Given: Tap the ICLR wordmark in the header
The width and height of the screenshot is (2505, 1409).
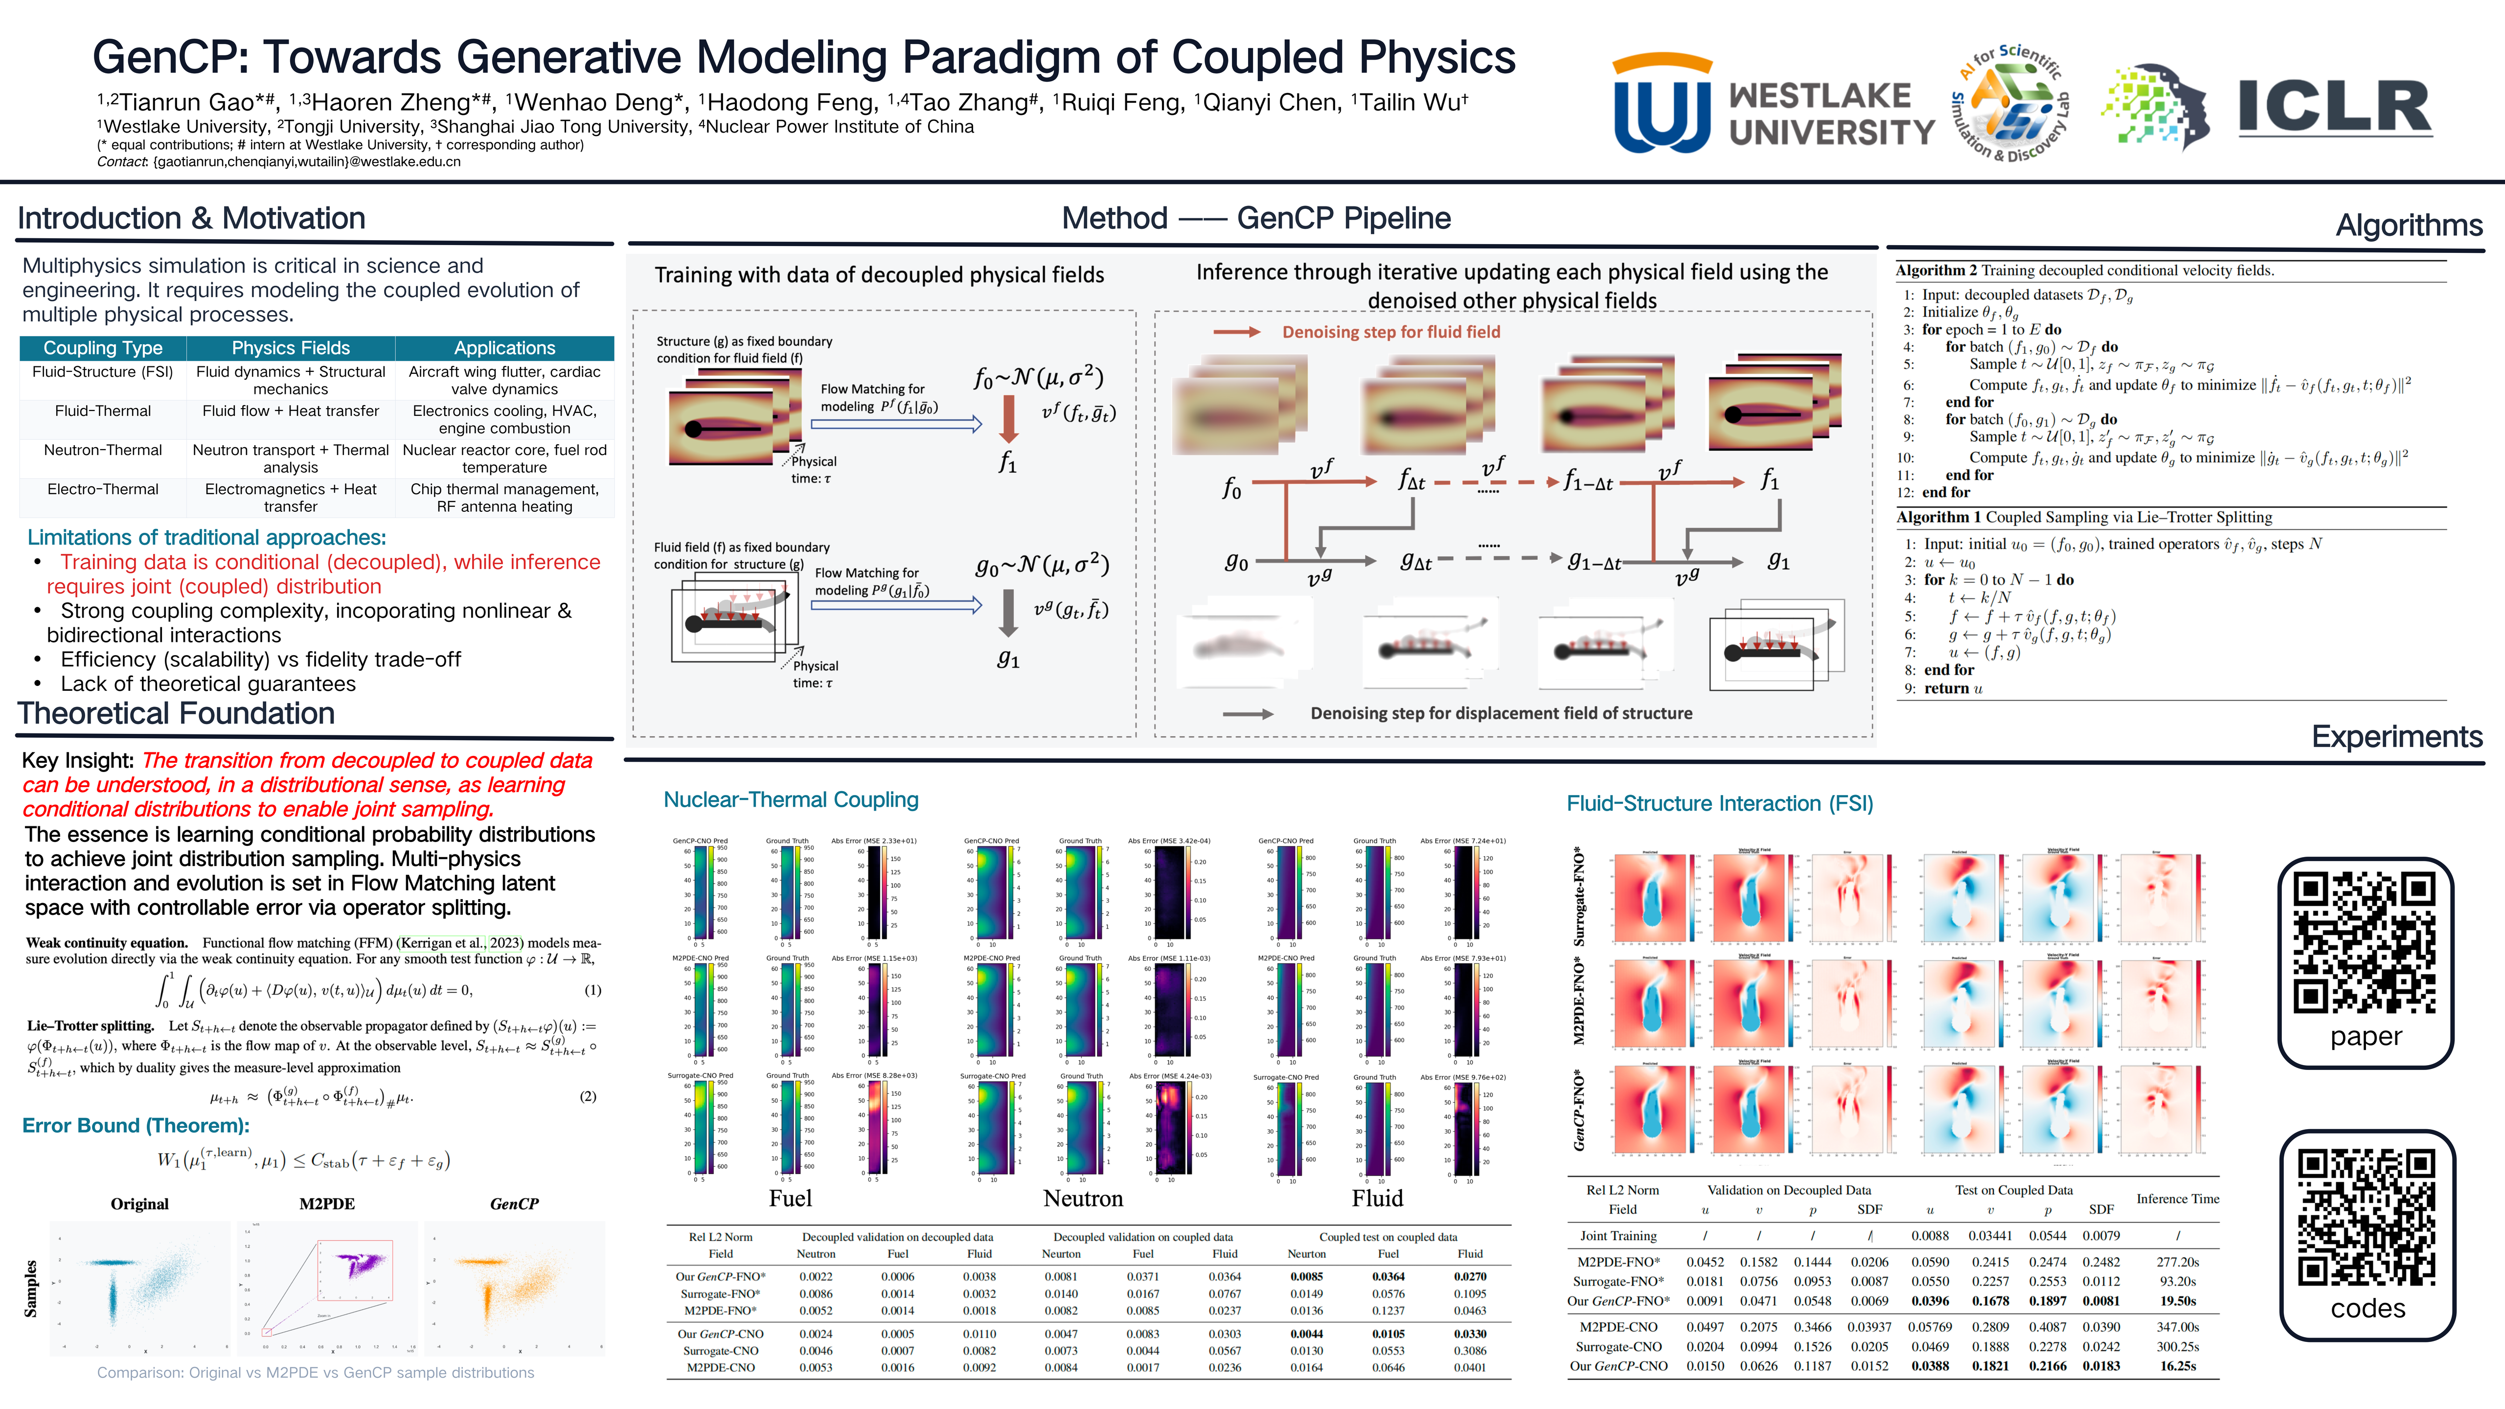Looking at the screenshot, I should (x=2334, y=107).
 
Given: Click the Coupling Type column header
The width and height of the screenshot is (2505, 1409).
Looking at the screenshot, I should (x=103, y=348).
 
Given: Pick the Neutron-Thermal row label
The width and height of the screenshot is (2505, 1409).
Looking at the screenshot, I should (x=103, y=450).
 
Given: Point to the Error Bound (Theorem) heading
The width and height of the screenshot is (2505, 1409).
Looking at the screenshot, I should (x=136, y=1126).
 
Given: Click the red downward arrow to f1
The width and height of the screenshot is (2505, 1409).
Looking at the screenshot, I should (x=1008, y=418).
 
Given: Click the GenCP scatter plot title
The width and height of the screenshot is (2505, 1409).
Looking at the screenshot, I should (x=513, y=1204).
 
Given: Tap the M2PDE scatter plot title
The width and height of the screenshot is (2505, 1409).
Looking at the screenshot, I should (x=327, y=1204).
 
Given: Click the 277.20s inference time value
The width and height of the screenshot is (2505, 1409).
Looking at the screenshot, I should (x=2177, y=1262).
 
